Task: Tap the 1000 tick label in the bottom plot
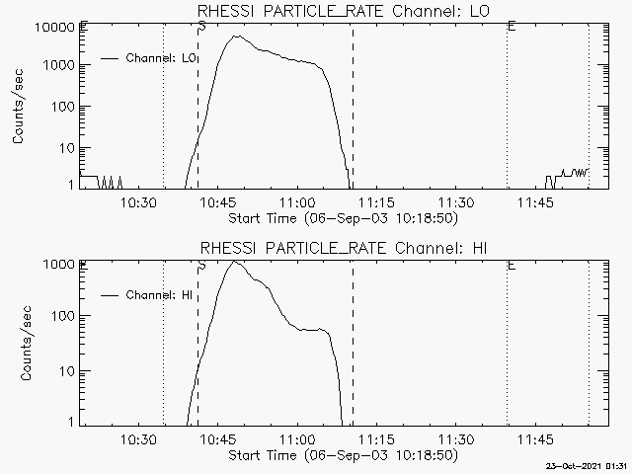[x=60, y=265]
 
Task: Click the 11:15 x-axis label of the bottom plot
[x=375, y=439]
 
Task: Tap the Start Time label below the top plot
[x=342, y=217]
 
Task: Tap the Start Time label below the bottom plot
[x=342, y=455]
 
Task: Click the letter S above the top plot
[x=201, y=25]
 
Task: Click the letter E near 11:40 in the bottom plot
[x=511, y=265]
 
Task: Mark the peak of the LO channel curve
[x=236, y=37]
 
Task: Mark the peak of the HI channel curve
[x=234, y=262]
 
